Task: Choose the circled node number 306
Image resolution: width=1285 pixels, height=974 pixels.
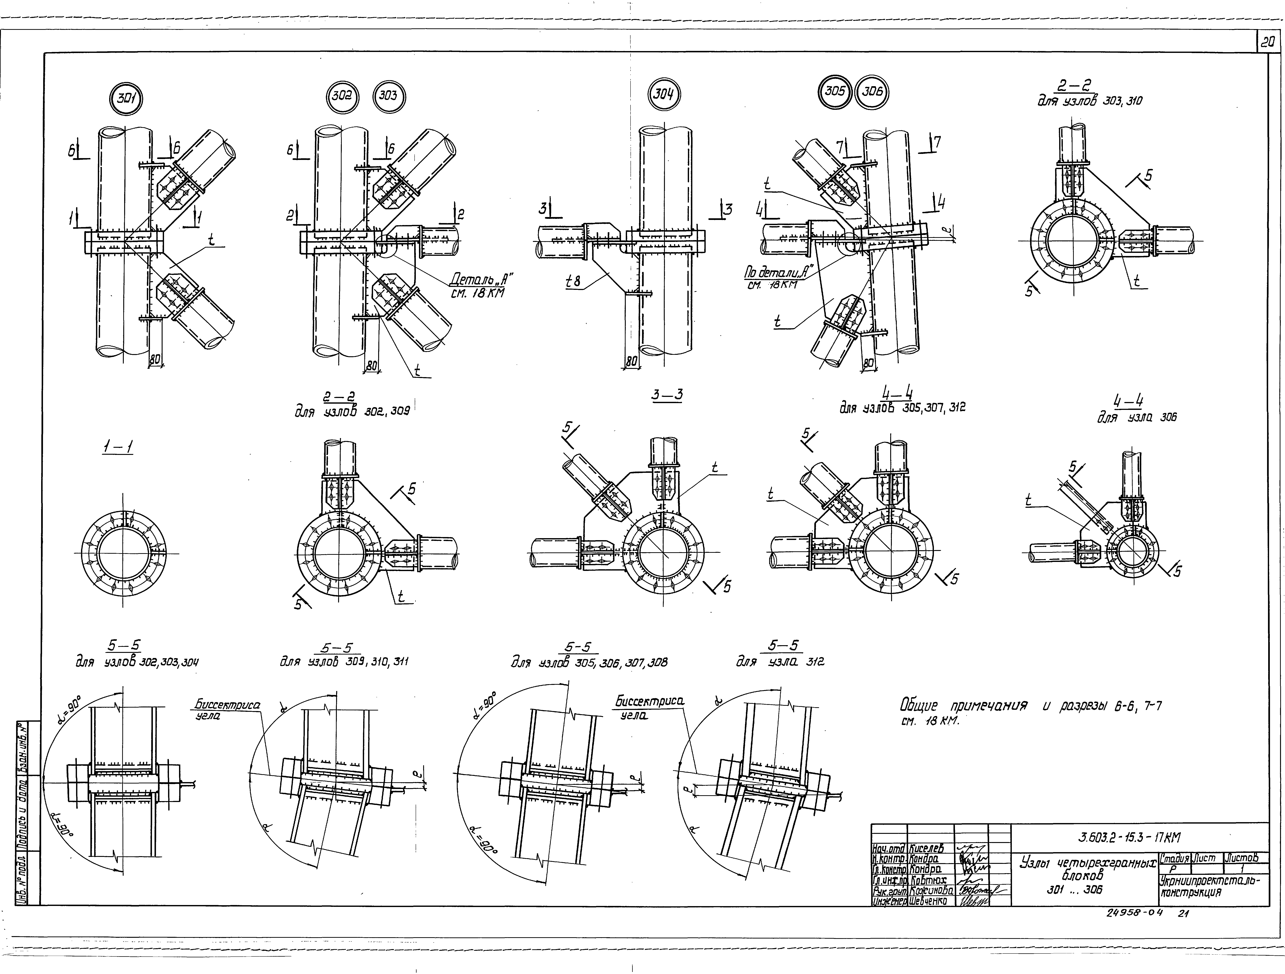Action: (x=872, y=92)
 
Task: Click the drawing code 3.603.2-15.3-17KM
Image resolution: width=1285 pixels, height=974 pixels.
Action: (x=1129, y=837)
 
